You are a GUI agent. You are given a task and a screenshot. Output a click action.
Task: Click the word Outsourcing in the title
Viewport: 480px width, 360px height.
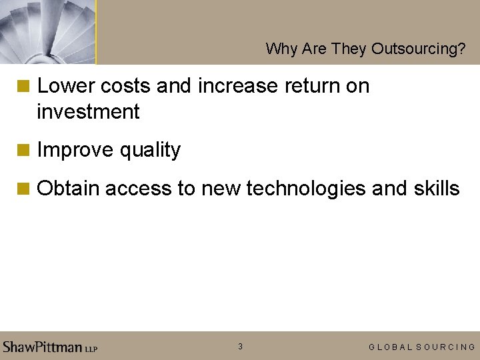[418, 49]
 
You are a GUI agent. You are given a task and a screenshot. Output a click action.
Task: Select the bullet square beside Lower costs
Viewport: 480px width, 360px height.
[24, 86]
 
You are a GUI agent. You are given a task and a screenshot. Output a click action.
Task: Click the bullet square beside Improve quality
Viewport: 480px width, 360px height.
[24, 150]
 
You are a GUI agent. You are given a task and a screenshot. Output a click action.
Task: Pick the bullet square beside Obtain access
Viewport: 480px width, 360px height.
[24, 189]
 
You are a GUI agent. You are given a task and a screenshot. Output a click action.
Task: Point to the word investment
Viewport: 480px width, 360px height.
[88, 112]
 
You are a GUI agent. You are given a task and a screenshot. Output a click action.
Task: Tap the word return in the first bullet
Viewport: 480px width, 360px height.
[309, 86]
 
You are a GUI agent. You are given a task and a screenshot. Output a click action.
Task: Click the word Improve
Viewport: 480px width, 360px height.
[75, 150]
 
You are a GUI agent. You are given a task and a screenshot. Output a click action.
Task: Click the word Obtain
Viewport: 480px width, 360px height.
[68, 189]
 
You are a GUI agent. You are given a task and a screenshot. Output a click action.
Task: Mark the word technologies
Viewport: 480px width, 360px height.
[306, 189]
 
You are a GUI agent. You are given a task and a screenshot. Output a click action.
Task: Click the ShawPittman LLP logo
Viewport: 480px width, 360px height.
[50, 347]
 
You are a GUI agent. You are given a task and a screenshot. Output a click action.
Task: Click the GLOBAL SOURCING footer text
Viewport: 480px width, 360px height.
[422, 347]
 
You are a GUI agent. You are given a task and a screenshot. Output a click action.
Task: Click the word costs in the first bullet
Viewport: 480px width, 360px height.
[119, 87]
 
